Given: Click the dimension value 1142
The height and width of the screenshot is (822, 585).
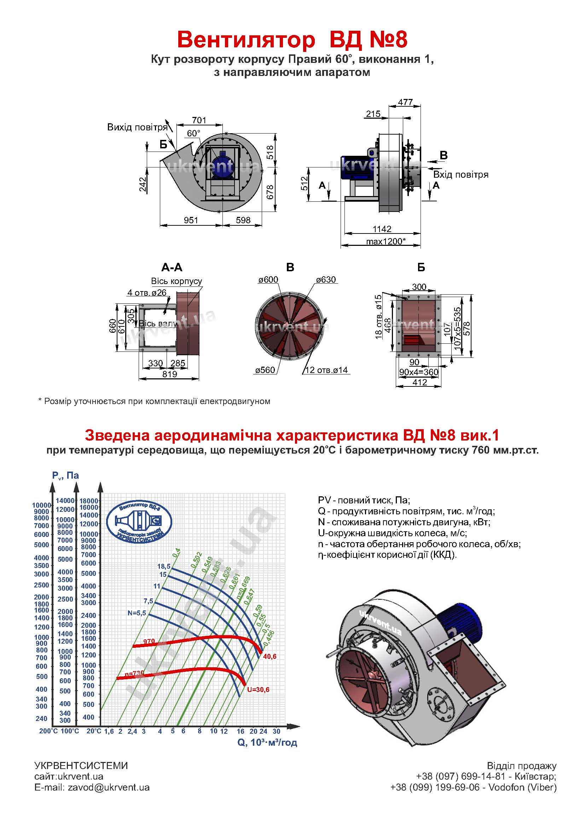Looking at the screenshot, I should [x=382, y=229].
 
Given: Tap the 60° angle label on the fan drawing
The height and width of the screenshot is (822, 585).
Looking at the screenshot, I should [x=193, y=134].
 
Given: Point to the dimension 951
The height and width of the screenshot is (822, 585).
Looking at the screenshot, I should [x=191, y=220].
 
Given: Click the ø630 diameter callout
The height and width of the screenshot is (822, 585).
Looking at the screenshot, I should [x=326, y=280].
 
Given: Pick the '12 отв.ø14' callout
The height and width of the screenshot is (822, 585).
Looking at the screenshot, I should [x=326, y=370].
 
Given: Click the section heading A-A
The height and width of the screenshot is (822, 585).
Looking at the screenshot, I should [x=172, y=267].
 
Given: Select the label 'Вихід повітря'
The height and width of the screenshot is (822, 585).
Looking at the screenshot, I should [x=137, y=128].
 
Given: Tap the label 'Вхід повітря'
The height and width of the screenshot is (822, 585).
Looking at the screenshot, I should [x=461, y=175].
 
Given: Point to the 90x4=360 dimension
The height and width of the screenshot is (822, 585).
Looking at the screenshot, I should [x=418, y=372].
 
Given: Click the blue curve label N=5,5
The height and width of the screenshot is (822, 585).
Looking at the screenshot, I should [x=137, y=613].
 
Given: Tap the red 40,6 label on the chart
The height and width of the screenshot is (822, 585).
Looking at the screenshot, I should [x=270, y=657].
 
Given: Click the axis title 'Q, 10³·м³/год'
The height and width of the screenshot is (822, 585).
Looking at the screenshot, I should [x=267, y=742].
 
